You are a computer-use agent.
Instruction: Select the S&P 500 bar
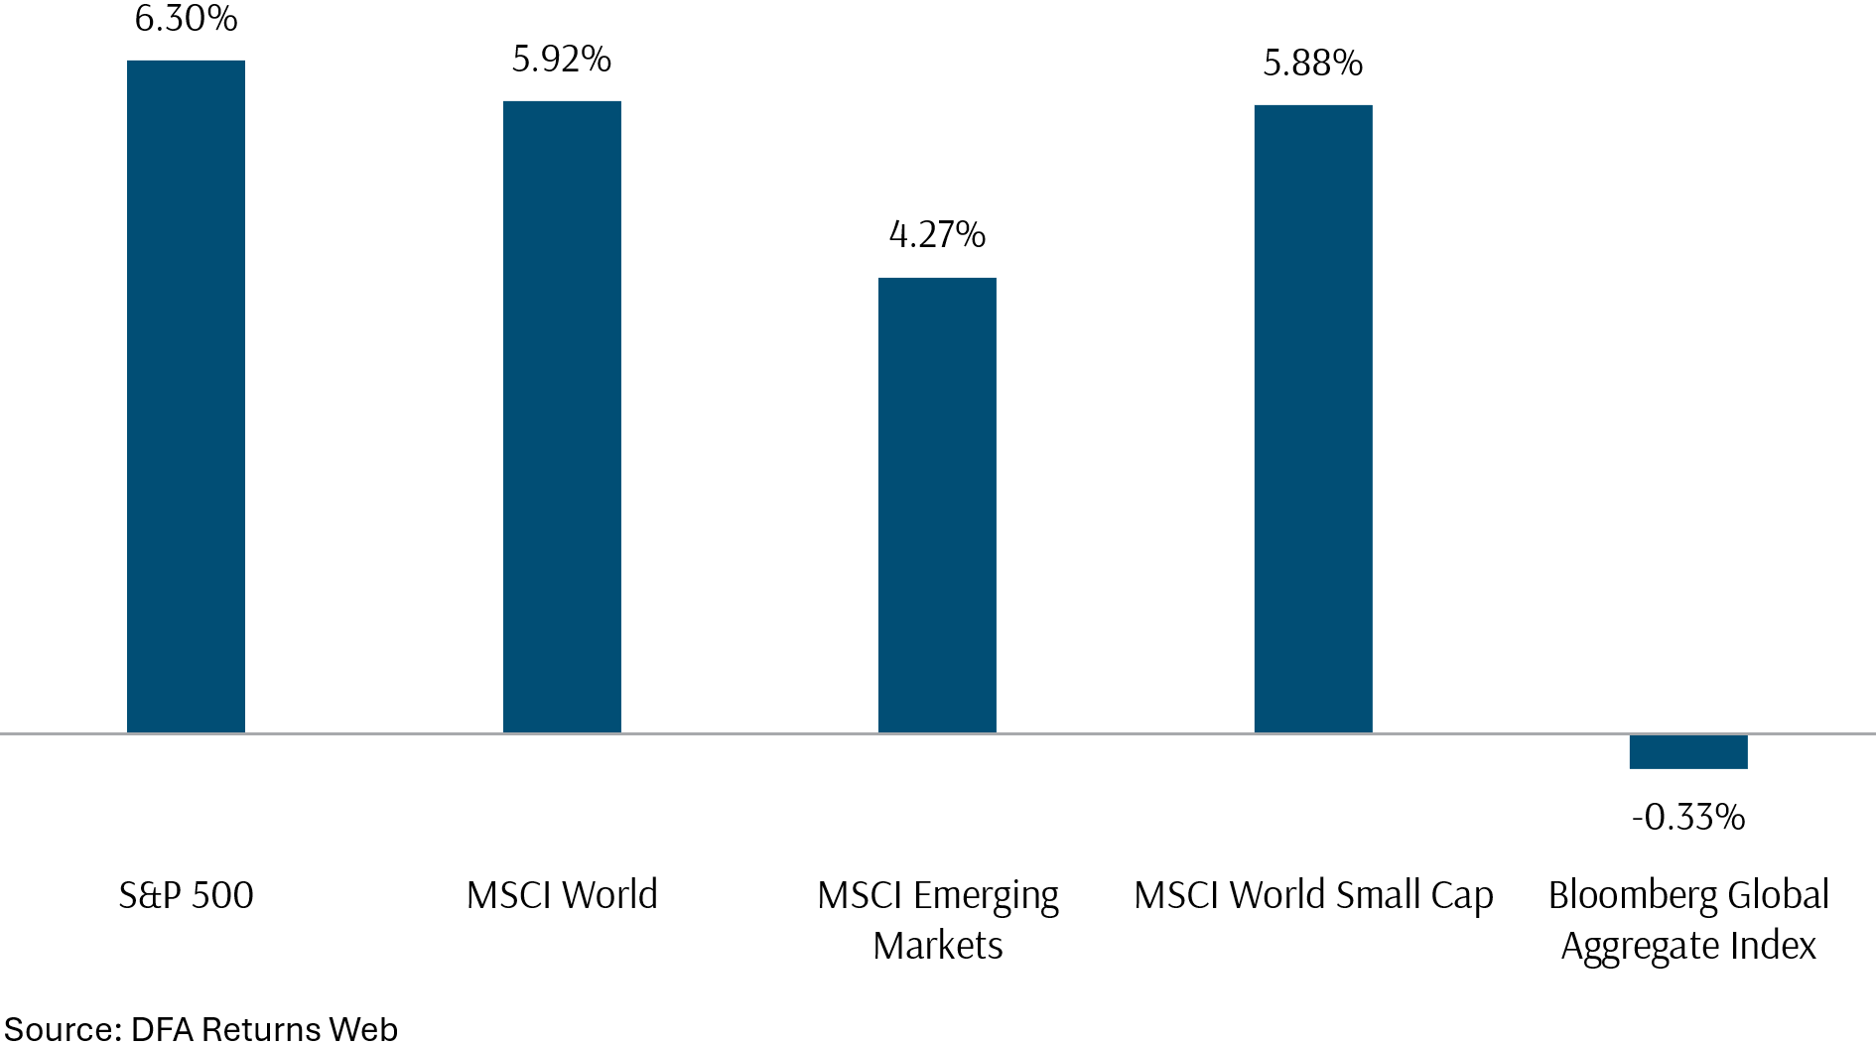click(x=186, y=397)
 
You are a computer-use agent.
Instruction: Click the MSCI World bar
click(x=562, y=417)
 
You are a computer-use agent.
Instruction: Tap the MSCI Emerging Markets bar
click(x=937, y=506)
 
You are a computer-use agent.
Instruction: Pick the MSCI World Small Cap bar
click(x=1313, y=419)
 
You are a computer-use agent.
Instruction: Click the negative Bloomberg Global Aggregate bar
click(x=1687, y=751)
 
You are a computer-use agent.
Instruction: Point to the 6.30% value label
click(x=186, y=19)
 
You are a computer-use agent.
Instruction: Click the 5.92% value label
click(x=562, y=60)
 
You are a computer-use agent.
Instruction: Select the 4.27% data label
click(x=937, y=235)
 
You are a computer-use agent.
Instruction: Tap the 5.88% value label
click(x=1313, y=64)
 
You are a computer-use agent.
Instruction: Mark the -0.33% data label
click(x=1687, y=818)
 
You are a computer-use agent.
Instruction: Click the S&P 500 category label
click(x=186, y=895)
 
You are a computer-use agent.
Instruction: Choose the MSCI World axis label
click(x=562, y=895)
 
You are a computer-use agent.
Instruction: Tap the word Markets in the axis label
click(x=937, y=946)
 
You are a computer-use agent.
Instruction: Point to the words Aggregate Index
click(x=1687, y=947)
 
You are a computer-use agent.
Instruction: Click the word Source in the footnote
click(x=62, y=1029)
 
